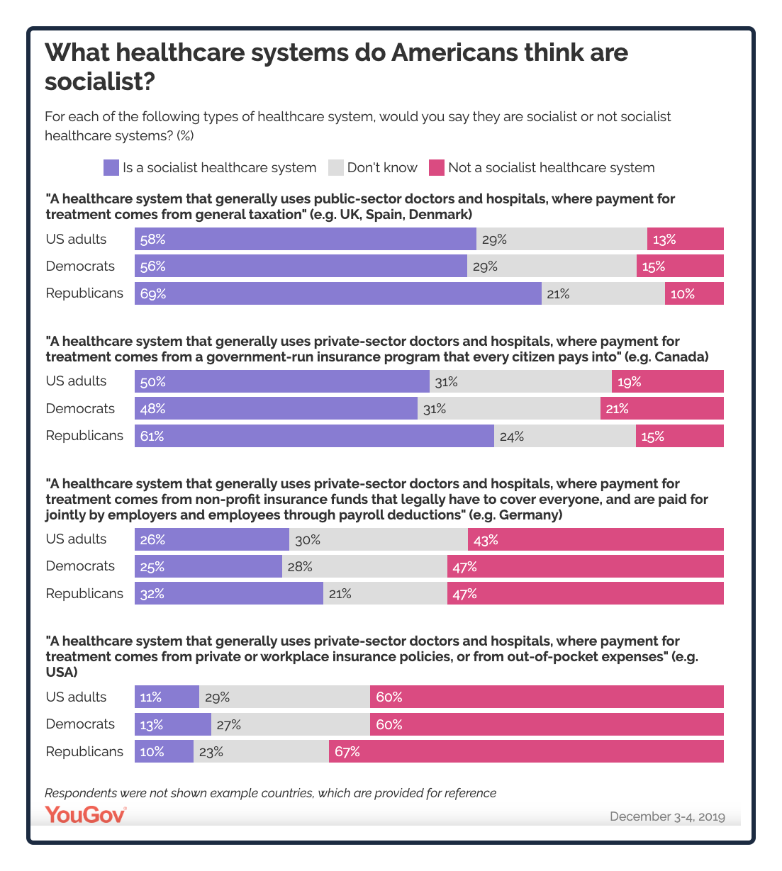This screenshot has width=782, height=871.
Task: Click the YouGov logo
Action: [x=85, y=815]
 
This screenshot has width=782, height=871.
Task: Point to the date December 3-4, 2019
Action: [x=667, y=816]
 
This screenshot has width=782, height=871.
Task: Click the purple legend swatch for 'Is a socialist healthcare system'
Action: [x=111, y=168]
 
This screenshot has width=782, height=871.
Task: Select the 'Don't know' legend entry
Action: [x=373, y=168]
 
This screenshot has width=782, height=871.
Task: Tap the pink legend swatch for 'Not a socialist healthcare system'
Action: [x=437, y=168]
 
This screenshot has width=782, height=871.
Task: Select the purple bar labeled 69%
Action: [x=337, y=293]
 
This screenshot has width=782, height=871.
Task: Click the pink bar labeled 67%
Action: [x=526, y=751]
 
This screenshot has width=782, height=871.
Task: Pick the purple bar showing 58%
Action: [x=305, y=240]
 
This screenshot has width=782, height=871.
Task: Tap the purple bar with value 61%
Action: [x=314, y=436]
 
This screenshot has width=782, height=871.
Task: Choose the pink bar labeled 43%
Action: [x=596, y=539]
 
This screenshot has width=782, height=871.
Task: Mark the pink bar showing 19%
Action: [x=668, y=381]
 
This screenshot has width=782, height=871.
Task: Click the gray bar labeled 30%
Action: [x=378, y=539]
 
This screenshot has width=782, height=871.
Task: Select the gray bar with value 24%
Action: [x=564, y=436]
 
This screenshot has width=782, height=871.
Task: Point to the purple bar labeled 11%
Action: [x=167, y=697]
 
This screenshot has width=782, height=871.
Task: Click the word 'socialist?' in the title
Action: [x=99, y=82]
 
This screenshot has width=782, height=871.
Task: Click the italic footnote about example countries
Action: [x=270, y=793]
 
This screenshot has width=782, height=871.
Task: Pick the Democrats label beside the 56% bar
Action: [x=80, y=266]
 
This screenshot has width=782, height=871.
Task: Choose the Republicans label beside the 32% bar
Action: [x=84, y=593]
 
